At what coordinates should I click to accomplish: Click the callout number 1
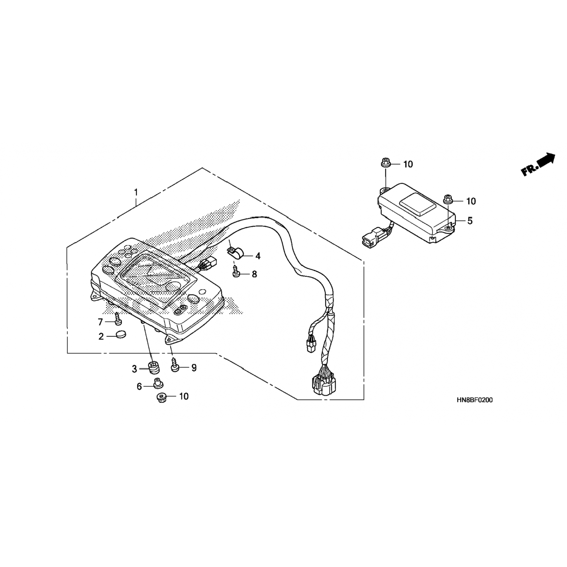pyautogui.click(x=136, y=192)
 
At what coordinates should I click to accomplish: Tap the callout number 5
pyautogui.click(x=470, y=220)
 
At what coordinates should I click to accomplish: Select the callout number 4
pyautogui.click(x=258, y=256)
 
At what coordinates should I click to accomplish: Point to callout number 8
pyautogui.click(x=254, y=274)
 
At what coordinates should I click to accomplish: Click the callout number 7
pyautogui.click(x=101, y=322)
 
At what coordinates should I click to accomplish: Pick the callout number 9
pyautogui.click(x=194, y=367)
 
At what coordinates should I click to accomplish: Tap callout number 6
pyautogui.click(x=139, y=386)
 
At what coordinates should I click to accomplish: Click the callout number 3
pyautogui.click(x=134, y=369)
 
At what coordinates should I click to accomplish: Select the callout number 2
pyautogui.click(x=101, y=336)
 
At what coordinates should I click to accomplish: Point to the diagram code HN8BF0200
pyautogui.click(x=475, y=400)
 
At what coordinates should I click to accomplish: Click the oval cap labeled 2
pyautogui.click(x=121, y=334)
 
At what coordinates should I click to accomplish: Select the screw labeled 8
pyautogui.click(x=237, y=272)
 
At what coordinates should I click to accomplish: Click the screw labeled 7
pyautogui.click(x=118, y=318)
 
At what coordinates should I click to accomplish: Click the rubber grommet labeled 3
pyautogui.click(x=153, y=367)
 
